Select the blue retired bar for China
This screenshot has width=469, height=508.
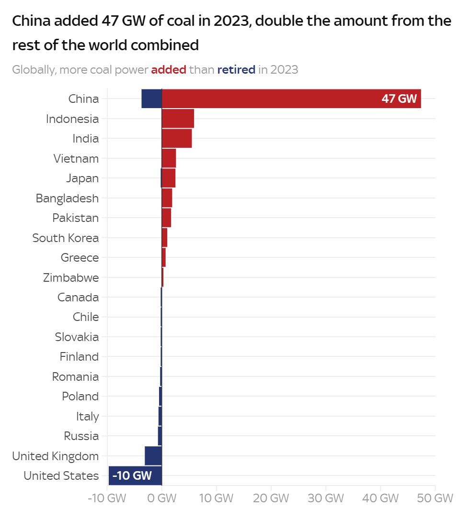(x=152, y=99)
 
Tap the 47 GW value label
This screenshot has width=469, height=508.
(x=399, y=99)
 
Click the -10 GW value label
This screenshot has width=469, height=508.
(x=132, y=475)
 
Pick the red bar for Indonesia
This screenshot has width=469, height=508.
(x=178, y=119)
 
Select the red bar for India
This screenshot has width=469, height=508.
(x=177, y=138)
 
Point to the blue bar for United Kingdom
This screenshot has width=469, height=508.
(x=153, y=455)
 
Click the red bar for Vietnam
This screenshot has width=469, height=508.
(x=169, y=158)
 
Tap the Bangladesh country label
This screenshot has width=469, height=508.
(x=67, y=198)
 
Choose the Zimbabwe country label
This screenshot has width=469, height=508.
(x=71, y=277)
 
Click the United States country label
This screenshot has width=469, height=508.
(x=61, y=476)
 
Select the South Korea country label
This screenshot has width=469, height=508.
(x=66, y=238)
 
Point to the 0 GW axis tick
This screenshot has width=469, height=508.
(x=161, y=497)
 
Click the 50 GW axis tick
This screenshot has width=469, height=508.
(x=435, y=497)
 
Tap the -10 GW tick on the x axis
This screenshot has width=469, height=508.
(x=107, y=497)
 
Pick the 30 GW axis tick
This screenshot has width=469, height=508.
(x=326, y=497)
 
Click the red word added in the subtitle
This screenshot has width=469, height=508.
(x=169, y=70)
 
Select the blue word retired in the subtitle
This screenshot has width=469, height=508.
(x=236, y=70)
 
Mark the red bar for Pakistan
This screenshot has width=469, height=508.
(x=166, y=218)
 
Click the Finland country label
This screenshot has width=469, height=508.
(x=79, y=357)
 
